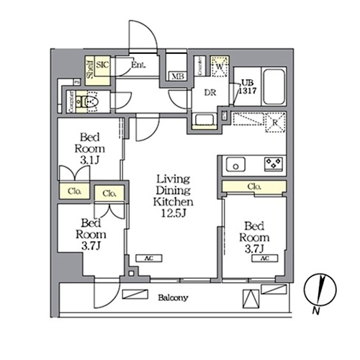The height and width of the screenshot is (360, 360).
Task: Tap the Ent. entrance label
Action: (x=139, y=66)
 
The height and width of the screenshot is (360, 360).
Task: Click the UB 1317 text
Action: (x=248, y=84)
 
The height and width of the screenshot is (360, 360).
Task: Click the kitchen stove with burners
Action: (x=273, y=163)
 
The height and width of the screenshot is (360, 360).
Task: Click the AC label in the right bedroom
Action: (x=264, y=258)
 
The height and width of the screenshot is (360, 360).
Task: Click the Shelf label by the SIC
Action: (x=90, y=68)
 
